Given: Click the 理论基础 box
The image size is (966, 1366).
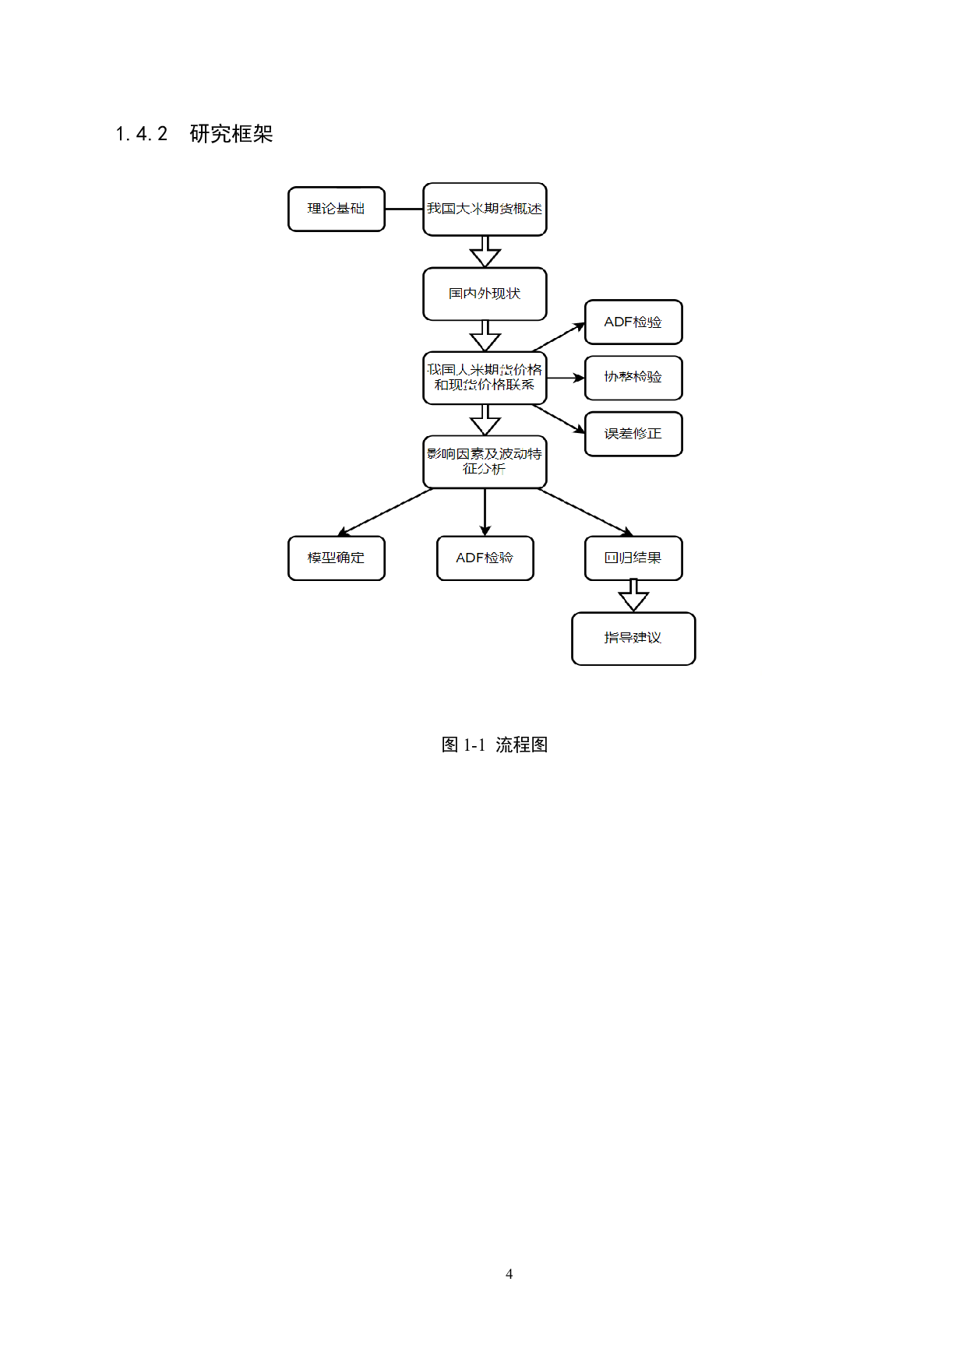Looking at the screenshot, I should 336,209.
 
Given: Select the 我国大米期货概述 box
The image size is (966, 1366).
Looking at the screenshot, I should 485,209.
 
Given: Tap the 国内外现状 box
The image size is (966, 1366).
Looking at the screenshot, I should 485,294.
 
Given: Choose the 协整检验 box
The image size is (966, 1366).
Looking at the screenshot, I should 633,378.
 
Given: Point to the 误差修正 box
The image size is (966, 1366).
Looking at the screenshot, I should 633,434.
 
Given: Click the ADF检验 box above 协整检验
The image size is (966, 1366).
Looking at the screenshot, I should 633,322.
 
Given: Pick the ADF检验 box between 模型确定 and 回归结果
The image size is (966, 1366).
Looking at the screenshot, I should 485,558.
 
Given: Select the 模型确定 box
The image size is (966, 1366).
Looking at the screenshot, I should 336,558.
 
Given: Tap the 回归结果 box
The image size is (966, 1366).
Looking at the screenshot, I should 633,558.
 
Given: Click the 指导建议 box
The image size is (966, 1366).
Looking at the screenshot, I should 633,638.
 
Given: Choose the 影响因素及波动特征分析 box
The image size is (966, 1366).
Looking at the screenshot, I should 485,461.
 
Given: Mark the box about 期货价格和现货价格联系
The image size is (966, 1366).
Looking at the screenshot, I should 485,378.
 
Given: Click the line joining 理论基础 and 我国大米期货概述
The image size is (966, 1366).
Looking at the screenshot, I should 404,209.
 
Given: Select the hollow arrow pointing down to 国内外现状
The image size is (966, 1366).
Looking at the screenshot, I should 485,252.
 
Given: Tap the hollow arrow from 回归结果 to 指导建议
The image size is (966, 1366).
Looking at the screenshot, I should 633,596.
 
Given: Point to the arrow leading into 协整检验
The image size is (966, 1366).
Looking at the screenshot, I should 566,378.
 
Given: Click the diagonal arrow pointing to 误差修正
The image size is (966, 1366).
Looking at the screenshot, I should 559,418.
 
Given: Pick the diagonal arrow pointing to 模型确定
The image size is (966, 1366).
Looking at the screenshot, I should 385,512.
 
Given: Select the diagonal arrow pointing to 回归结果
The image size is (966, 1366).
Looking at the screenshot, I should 586,512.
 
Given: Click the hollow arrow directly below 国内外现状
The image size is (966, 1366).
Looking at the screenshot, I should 485,336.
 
